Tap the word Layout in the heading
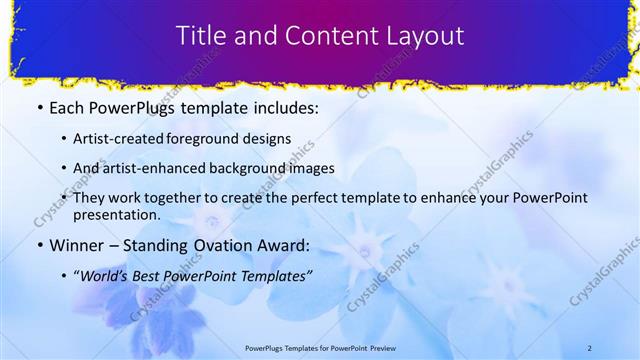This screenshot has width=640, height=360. click(425, 36)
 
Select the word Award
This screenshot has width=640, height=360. click(284, 245)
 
